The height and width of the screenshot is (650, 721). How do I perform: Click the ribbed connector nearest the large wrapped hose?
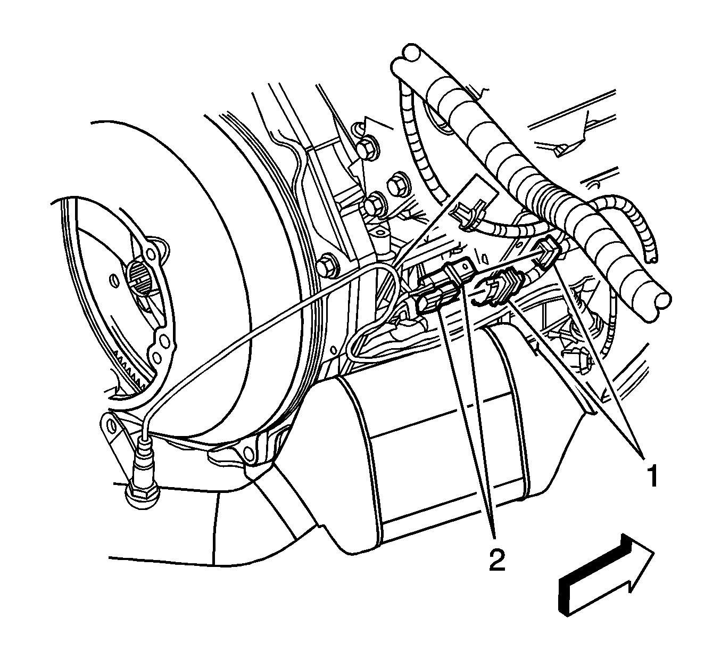[549, 256]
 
